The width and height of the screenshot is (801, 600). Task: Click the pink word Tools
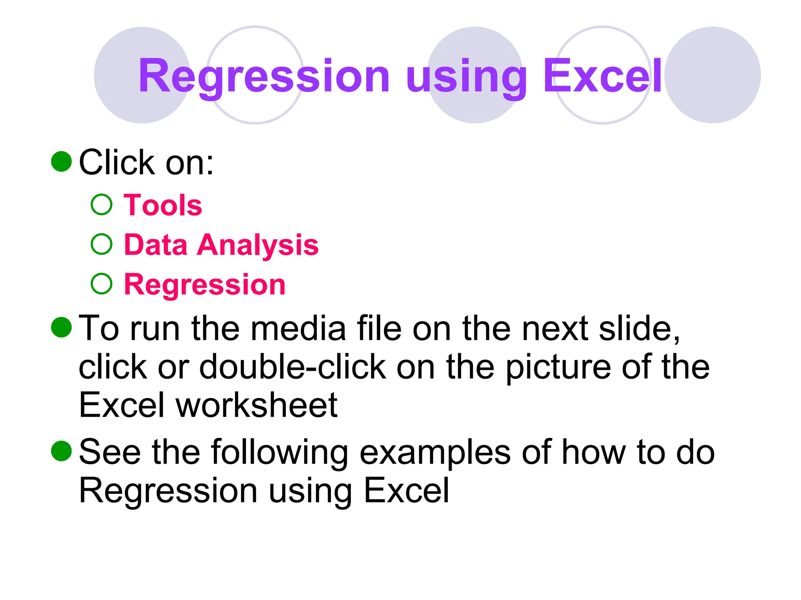[x=163, y=205]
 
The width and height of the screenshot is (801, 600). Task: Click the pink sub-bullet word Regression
[x=205, y=284]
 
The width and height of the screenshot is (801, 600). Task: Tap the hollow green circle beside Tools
[x=102, y=205]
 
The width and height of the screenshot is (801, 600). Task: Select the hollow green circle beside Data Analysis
[x=102, y=244]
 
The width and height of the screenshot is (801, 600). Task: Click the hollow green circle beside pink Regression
[x=102, y=284]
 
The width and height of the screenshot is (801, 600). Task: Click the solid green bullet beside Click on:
[x=62, y=161]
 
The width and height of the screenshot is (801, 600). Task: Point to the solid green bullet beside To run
[x=62, y=327]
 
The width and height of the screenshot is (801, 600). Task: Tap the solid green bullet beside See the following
[x=62, y=451]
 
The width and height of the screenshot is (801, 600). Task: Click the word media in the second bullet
[x=298, y=329]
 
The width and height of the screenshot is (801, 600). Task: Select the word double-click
[x=293, y=367]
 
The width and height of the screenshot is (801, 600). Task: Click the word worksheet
[x=257, y=405]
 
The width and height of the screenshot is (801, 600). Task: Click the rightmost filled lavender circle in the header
[x=712, y=75]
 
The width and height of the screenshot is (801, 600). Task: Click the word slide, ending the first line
[x=639, y=329]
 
